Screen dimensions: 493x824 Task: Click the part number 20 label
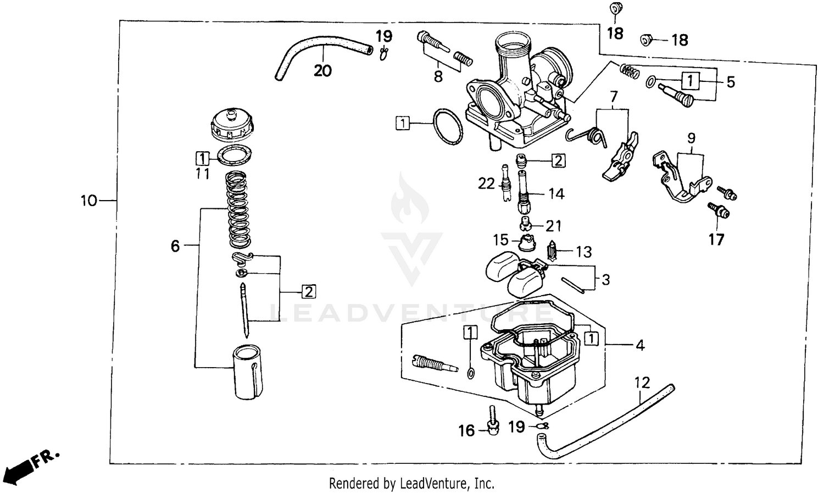coord(323,70)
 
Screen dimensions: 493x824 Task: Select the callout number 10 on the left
coord(88,201)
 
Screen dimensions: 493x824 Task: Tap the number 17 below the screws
coord(716,240)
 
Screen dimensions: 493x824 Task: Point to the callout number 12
coord(642,382)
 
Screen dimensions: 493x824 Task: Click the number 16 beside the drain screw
coord(466,431)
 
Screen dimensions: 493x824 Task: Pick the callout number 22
coord(486,183)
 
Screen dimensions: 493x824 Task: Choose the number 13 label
coord(583,252)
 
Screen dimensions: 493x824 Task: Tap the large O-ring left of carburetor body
coord(448,126)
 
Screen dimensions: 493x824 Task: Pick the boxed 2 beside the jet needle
coord(309,291)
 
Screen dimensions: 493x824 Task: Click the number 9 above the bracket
coord(691,137)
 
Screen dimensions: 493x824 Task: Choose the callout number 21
coord(554,225)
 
